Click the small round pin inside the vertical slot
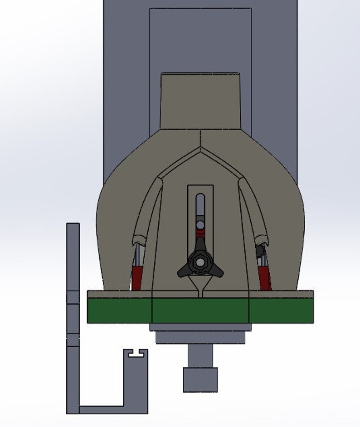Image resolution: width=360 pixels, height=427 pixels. [200, 225]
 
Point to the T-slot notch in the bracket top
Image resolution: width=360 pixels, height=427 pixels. [137, 353]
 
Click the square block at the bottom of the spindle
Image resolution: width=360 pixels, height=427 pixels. [200, 379]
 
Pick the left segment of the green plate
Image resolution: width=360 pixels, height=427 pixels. [119, 311]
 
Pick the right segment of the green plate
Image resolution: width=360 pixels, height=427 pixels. [281, 311]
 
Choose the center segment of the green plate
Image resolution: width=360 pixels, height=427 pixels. [200, 311]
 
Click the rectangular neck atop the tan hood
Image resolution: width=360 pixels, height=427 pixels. [200, 101]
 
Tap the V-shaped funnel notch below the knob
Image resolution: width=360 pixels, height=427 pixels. [200, 286]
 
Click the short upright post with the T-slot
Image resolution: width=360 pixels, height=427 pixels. [136, 381]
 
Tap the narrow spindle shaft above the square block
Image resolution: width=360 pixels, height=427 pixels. [200, 356]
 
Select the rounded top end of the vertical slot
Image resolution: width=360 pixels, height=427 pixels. [200, 197]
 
